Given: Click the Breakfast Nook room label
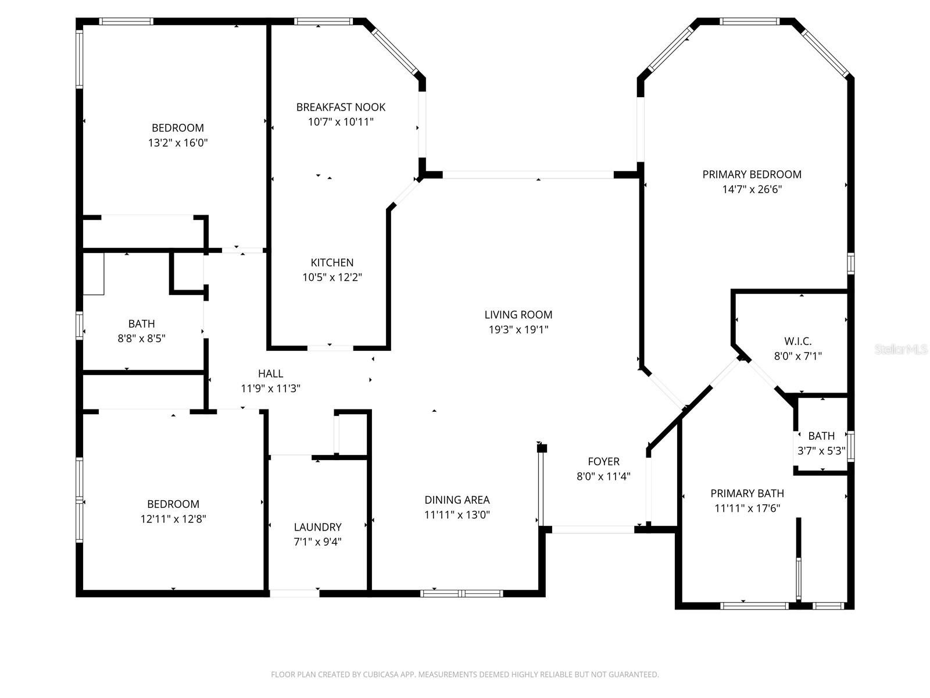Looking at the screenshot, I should [x=341, y=107].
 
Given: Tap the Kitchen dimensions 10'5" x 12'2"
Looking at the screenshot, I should [x=332, y=277].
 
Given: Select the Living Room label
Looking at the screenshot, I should [x=518, y=315].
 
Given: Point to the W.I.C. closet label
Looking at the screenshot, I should [x=797, y=341].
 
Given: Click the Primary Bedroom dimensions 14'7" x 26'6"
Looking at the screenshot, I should [x=752, y=189].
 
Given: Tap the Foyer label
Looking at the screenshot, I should [x=603, y=461].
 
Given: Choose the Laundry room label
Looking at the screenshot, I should [x=317, y=527].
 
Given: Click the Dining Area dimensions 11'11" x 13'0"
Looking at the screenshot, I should [x=457, y=515].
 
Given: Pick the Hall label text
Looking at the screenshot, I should [x=270, y=373].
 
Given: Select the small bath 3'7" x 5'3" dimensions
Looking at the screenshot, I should [x=821, y=451].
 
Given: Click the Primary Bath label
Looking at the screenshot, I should [x=747, y=493].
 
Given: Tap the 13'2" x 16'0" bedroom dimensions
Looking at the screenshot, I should [x=178, y=143].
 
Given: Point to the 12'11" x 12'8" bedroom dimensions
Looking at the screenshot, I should [x=173, y=519].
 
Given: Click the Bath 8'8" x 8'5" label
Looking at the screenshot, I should [x=141, y=324].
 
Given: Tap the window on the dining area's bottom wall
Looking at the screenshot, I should [x=461, y=593].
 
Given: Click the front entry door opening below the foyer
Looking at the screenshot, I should [x=592, y=529].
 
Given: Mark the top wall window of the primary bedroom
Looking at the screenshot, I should [x=749, y=22].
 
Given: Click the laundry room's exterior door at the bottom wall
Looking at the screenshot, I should [x=294, y=593].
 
